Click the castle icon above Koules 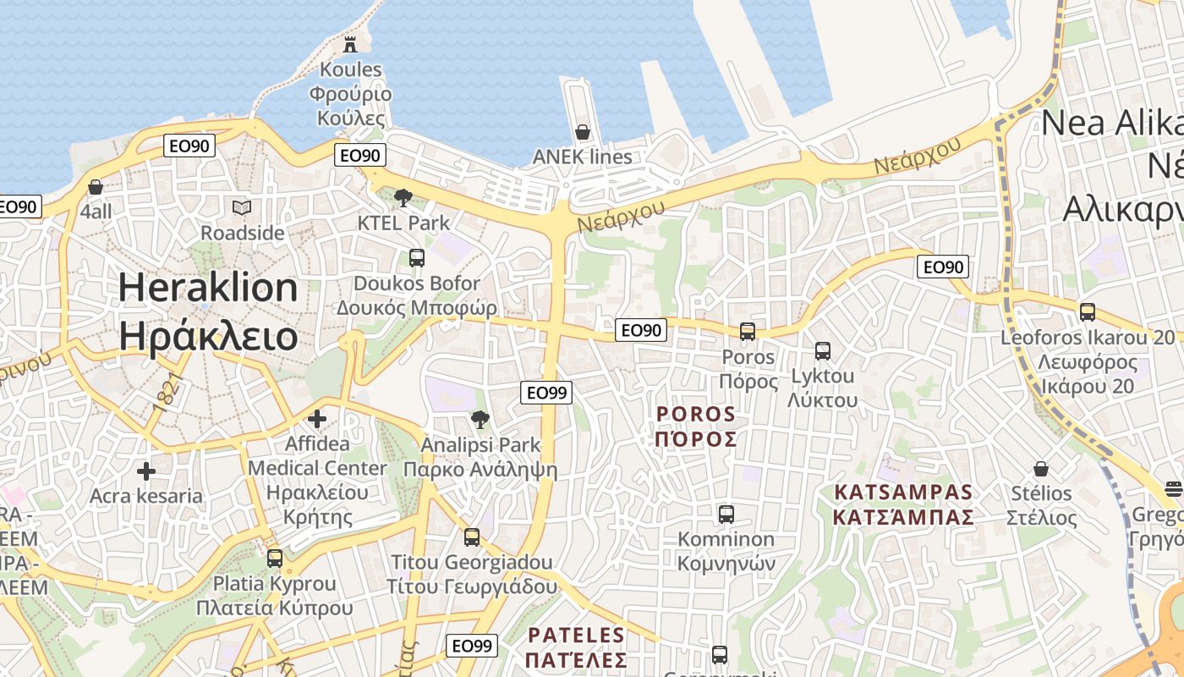coord(350,44)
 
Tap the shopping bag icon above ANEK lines coord(583,132)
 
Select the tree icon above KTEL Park coord(403,198)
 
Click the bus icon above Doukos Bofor coord(417,258)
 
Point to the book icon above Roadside coord(242,207)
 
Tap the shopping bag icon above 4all coord(96,187)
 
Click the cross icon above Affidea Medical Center coord(317,419)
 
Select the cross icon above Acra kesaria coord(146,471)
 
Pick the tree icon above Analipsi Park coord(480,420)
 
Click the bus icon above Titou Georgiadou coord(472,537)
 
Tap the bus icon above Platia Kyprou coord(275,559)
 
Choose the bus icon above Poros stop coord(748,332)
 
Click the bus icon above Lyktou coord(823,351)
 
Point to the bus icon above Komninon coord(726,515)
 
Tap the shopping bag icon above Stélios coord(1041,469)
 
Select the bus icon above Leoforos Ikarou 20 coord(1088,312)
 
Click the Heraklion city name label coord(208,311)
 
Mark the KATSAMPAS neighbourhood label coord(903,504)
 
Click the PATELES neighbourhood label coord(576,647)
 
